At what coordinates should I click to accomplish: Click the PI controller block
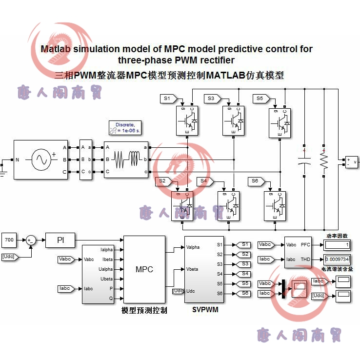coord(60,240)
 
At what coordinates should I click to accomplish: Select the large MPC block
coord(144,269)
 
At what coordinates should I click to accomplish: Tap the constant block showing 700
coord(10,240)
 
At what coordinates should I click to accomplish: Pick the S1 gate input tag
coord(168,99)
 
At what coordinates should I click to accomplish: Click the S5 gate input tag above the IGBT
coord(261,99)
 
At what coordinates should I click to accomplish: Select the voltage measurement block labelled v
coord(351,162)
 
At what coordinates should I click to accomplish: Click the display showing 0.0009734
coord(337,259)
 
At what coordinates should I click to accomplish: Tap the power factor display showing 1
coord(337,244)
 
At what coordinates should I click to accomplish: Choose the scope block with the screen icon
coord(299,290)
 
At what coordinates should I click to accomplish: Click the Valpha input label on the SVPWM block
coord(194,247)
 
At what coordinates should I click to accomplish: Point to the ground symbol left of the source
coord(3,170)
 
